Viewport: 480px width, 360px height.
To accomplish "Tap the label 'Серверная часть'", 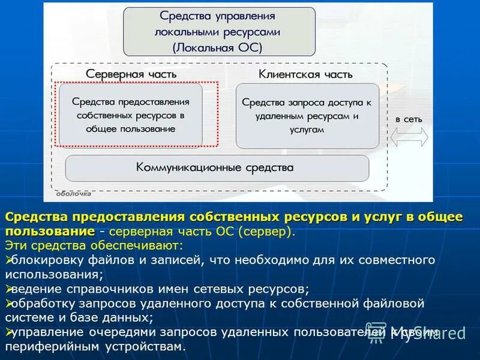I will (x=131, y=74).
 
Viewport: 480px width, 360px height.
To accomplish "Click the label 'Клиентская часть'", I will (x=305, y=74).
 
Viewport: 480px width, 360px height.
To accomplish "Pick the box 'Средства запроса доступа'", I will (x=307, y=115).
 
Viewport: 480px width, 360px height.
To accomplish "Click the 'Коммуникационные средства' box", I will (x=217, y=168).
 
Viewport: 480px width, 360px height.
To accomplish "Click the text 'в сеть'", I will (x=409, y=119).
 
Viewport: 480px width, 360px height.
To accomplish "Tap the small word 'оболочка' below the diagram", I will (x=74, y=194).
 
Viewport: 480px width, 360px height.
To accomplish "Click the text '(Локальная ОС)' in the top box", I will (x=219, y=46).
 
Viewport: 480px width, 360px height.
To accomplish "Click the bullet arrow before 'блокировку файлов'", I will (x=8, y=260).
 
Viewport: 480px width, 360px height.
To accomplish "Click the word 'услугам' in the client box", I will (x=307, y=129).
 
